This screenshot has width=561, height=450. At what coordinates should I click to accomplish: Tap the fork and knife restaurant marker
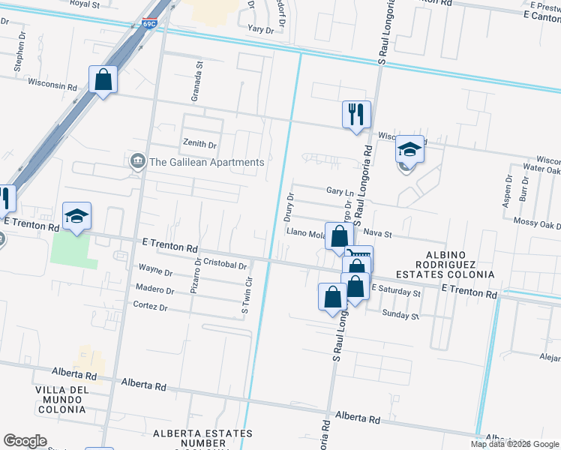pyautogui.click(x=356, y=115)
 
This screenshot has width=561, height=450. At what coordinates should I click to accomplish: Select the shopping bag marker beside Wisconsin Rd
pyautogui.click(x=103, y=79)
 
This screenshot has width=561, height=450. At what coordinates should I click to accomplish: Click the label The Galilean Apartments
pyautogui.click(x=207, y=162)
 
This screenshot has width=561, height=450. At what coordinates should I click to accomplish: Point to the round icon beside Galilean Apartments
pyautogui.click(x=138, y=161)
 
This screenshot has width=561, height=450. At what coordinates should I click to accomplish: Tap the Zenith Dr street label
pyautogui.click(x=199, y=144)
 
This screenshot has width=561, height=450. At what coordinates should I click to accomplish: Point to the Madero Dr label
pyautogui.click(x=154, y=289)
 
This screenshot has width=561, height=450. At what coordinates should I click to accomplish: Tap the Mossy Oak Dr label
pyautogui.click(x=538, y=224)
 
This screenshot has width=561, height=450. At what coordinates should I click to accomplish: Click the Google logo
pyautogui.click(x=25, y=440)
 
